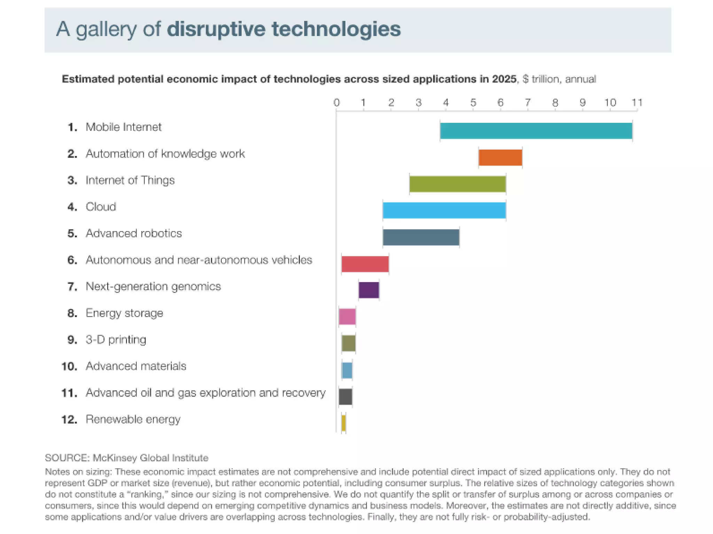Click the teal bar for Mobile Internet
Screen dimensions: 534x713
click(536, 131)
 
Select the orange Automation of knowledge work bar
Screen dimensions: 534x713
click(500, 158)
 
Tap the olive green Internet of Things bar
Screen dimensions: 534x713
click(457, 184)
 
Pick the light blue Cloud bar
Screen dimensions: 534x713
click(444, 210)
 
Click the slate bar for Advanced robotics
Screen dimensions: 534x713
click(421, 237)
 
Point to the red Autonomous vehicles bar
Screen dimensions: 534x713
click(365, 264)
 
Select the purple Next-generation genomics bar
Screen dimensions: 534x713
click(369, 290)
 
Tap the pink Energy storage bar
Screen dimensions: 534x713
click(347, 317)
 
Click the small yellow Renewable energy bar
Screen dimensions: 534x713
click(344, 423)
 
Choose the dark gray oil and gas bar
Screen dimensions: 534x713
click(345, 397)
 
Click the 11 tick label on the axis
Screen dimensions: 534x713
click(637, 103)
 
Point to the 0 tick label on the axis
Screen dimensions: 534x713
click(336, 103)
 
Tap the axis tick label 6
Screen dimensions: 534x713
click(500, 103)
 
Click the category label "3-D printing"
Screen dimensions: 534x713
click(116, 340)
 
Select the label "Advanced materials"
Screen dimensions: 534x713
click(136, 366)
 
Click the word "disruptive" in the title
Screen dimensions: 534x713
click(216, 29)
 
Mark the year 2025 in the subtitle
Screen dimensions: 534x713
click(504, 79)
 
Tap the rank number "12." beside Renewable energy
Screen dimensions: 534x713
click(69, 420)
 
